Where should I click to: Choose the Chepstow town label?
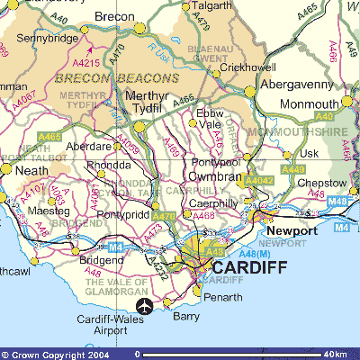pyautogui.click(x=319, y=184)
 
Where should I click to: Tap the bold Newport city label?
pyautogui.click(x=291, y=231)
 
